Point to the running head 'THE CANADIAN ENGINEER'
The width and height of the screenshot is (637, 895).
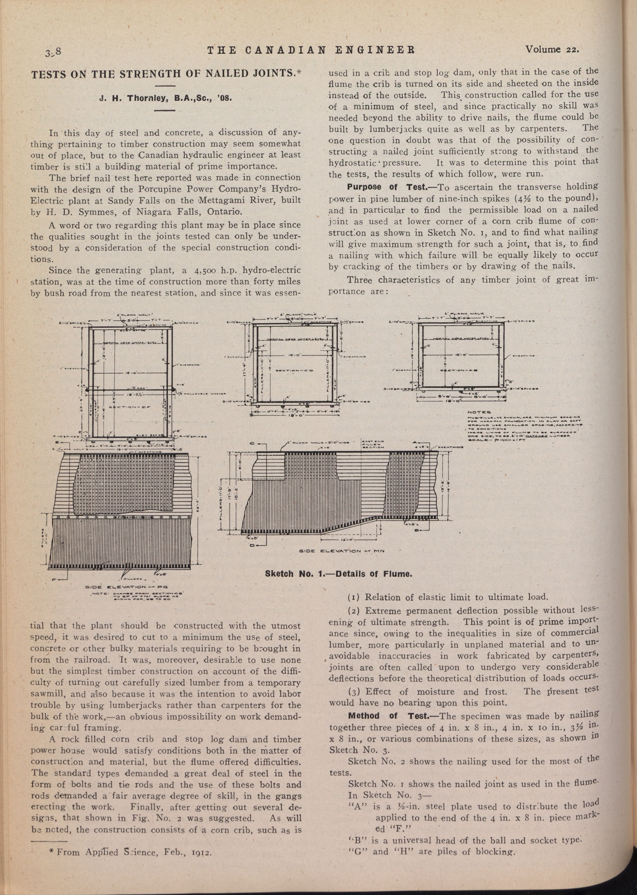pyautogui.click(x=311, y=50)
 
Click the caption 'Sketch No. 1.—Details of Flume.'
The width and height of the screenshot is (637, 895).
pyautogui.click(x=339, y=574)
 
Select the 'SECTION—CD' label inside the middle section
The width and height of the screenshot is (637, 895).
pyautogui.click(x=292, y=370)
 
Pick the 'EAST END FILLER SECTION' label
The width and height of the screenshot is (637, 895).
pyautogui.click(x=374, y=444)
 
